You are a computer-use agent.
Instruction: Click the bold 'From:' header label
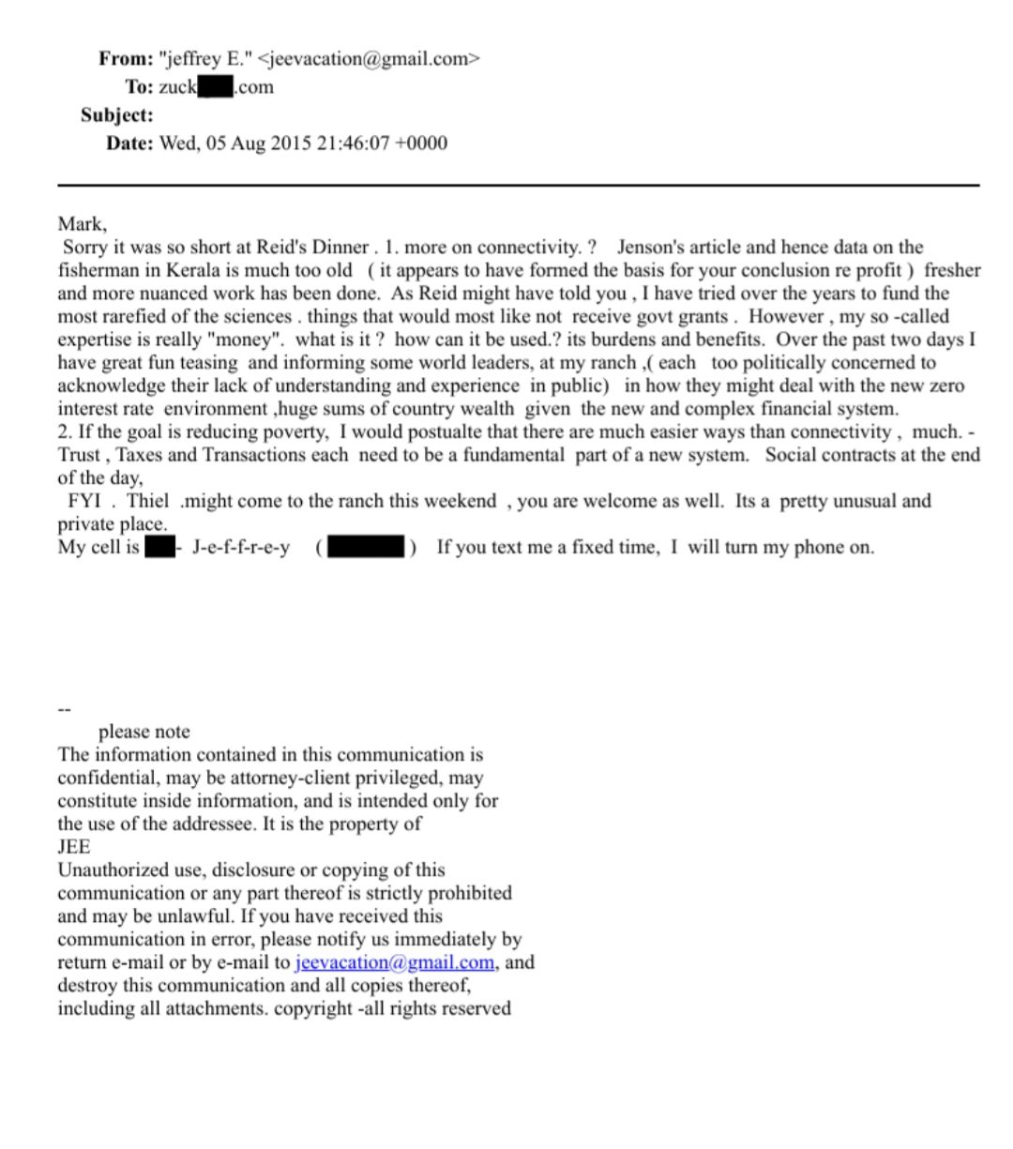click(126, 58)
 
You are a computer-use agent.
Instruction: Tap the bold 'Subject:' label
click(116, 115)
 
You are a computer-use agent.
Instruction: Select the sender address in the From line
click(368, 58)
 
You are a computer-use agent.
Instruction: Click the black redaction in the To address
click(216, 87)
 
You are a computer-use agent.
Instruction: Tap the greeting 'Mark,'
click(83, 224)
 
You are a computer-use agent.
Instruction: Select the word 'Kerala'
click(192, 270)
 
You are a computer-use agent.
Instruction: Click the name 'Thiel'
click(148, 501)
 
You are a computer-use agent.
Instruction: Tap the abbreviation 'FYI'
click(85, 501)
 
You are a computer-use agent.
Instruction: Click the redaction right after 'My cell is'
click(160, 547)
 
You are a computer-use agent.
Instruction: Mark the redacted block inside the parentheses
click(367, 547)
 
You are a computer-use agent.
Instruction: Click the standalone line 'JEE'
click(74, 847)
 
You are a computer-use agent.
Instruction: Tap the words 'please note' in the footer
click(144, 732)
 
